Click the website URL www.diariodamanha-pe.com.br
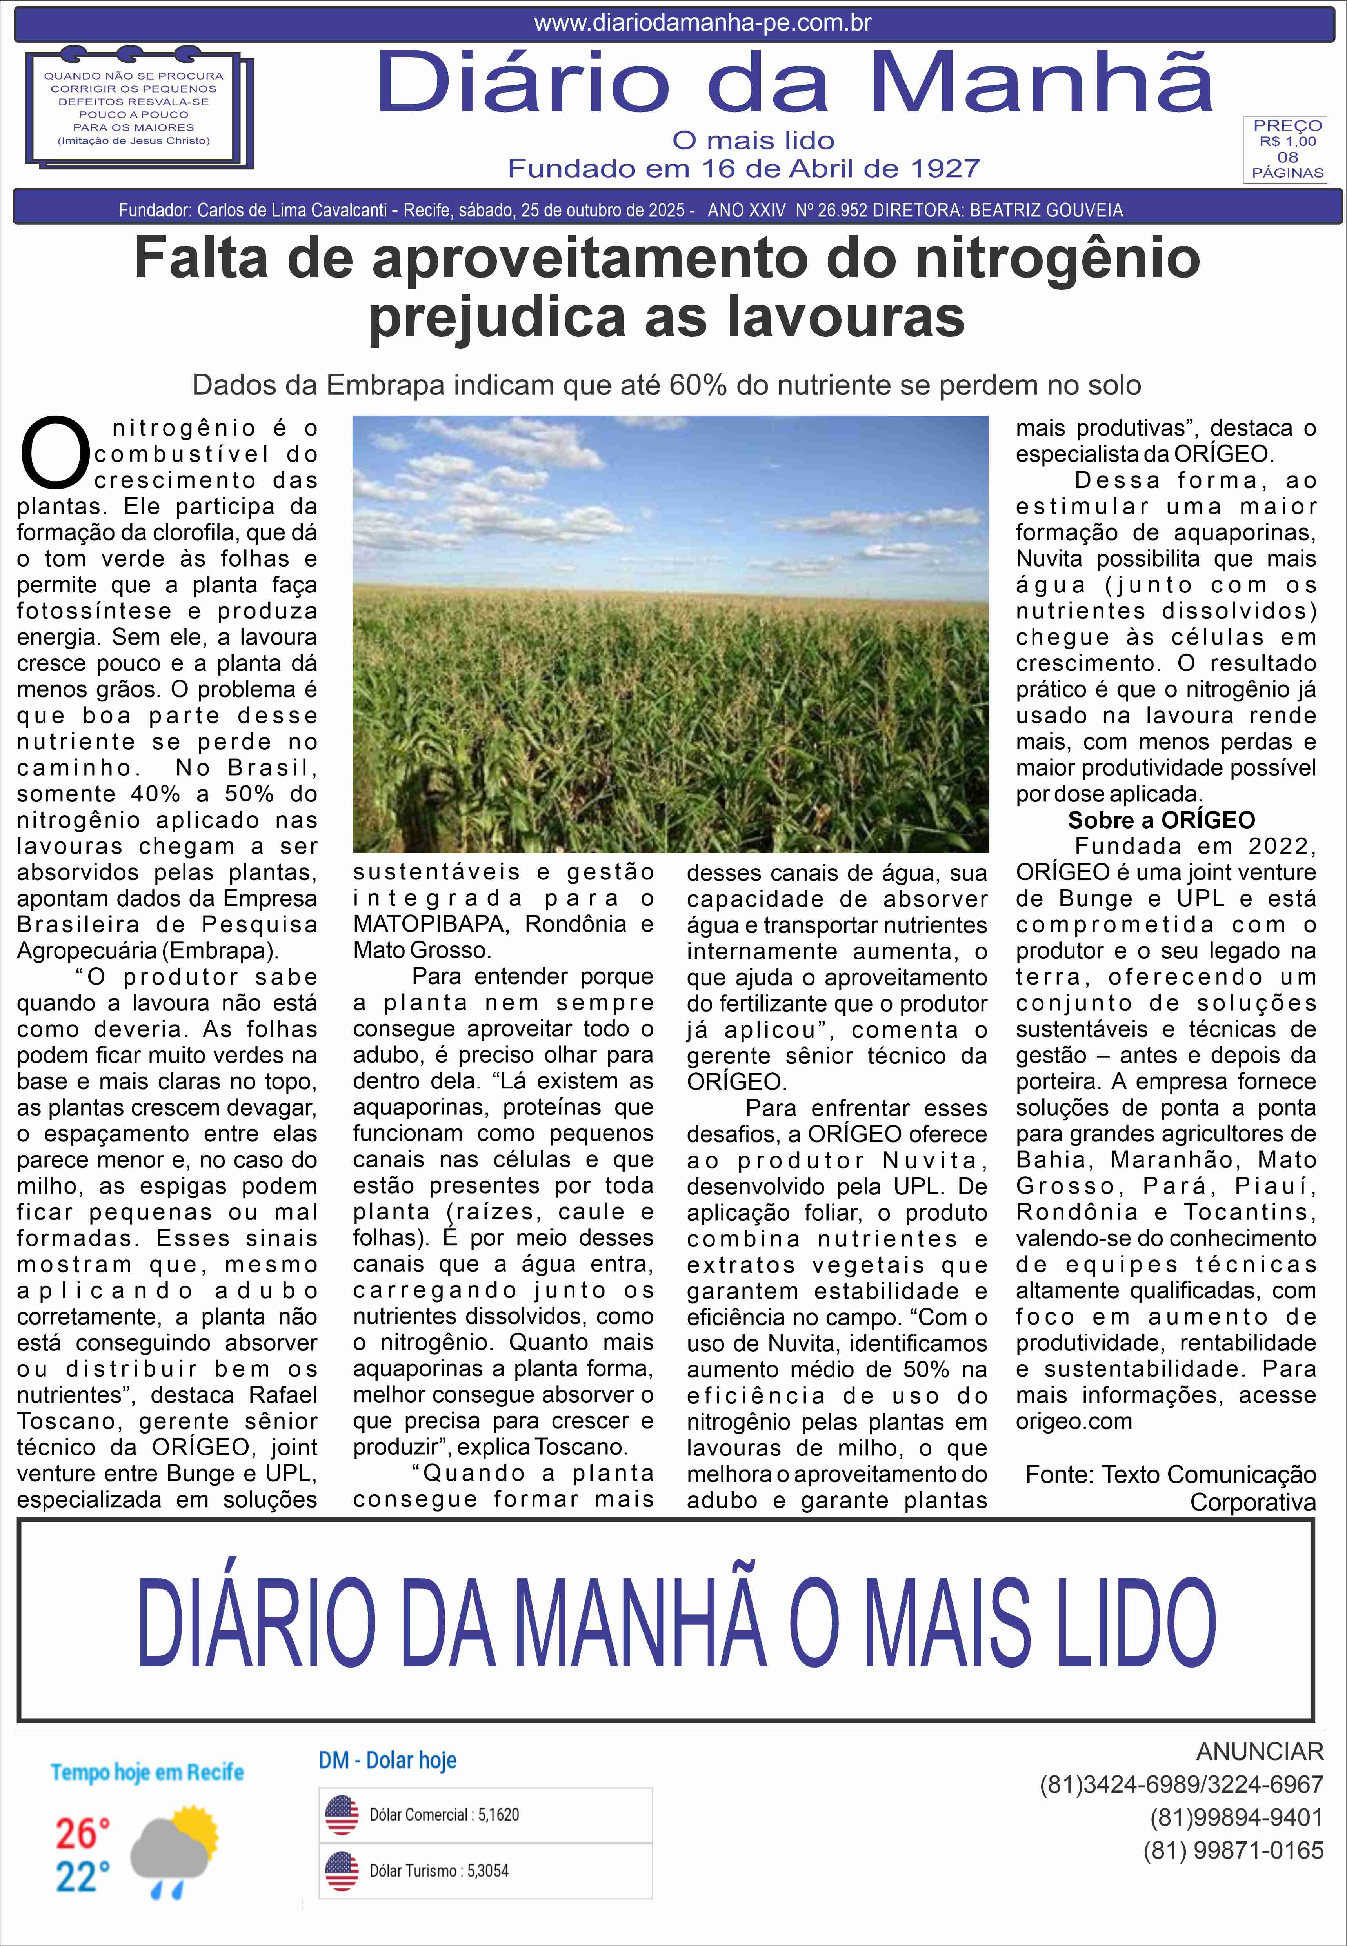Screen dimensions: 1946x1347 (702, 23)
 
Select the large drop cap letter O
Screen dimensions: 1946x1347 (55, 452)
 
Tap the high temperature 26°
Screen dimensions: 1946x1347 (82, 1834)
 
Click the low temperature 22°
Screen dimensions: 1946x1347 (82, 1878)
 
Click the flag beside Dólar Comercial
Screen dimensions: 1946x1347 (342, 1815)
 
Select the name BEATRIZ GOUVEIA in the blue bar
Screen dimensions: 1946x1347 (1047, 210)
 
